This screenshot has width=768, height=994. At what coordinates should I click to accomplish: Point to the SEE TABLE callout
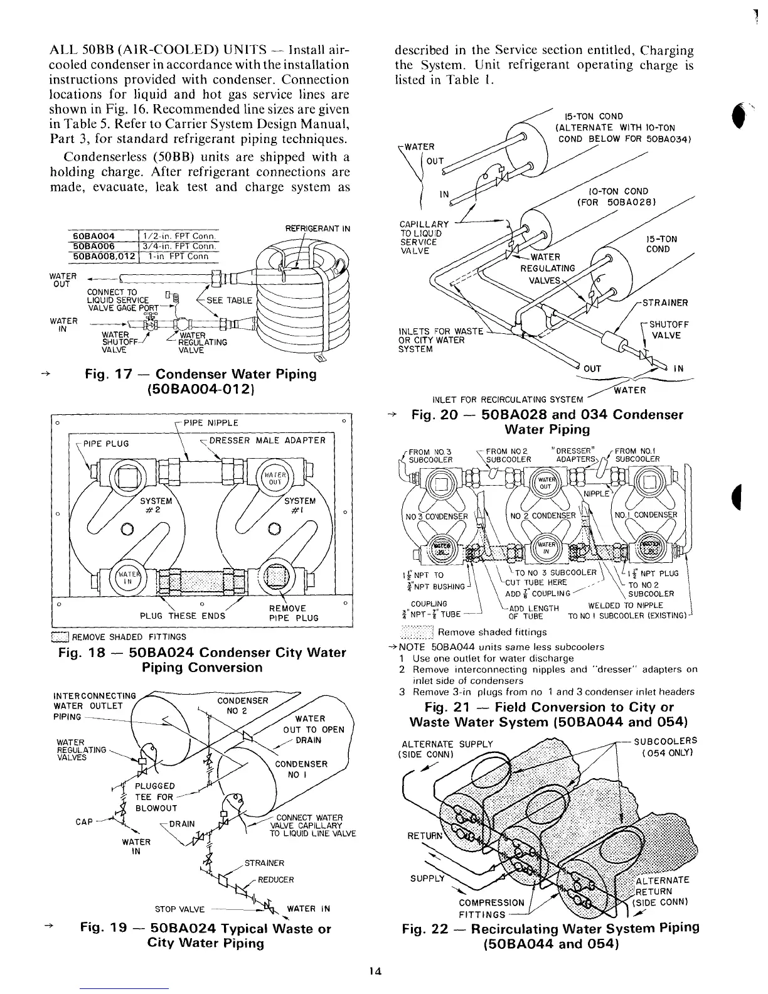230,300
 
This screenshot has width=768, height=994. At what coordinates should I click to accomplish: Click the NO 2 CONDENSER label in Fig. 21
543,516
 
